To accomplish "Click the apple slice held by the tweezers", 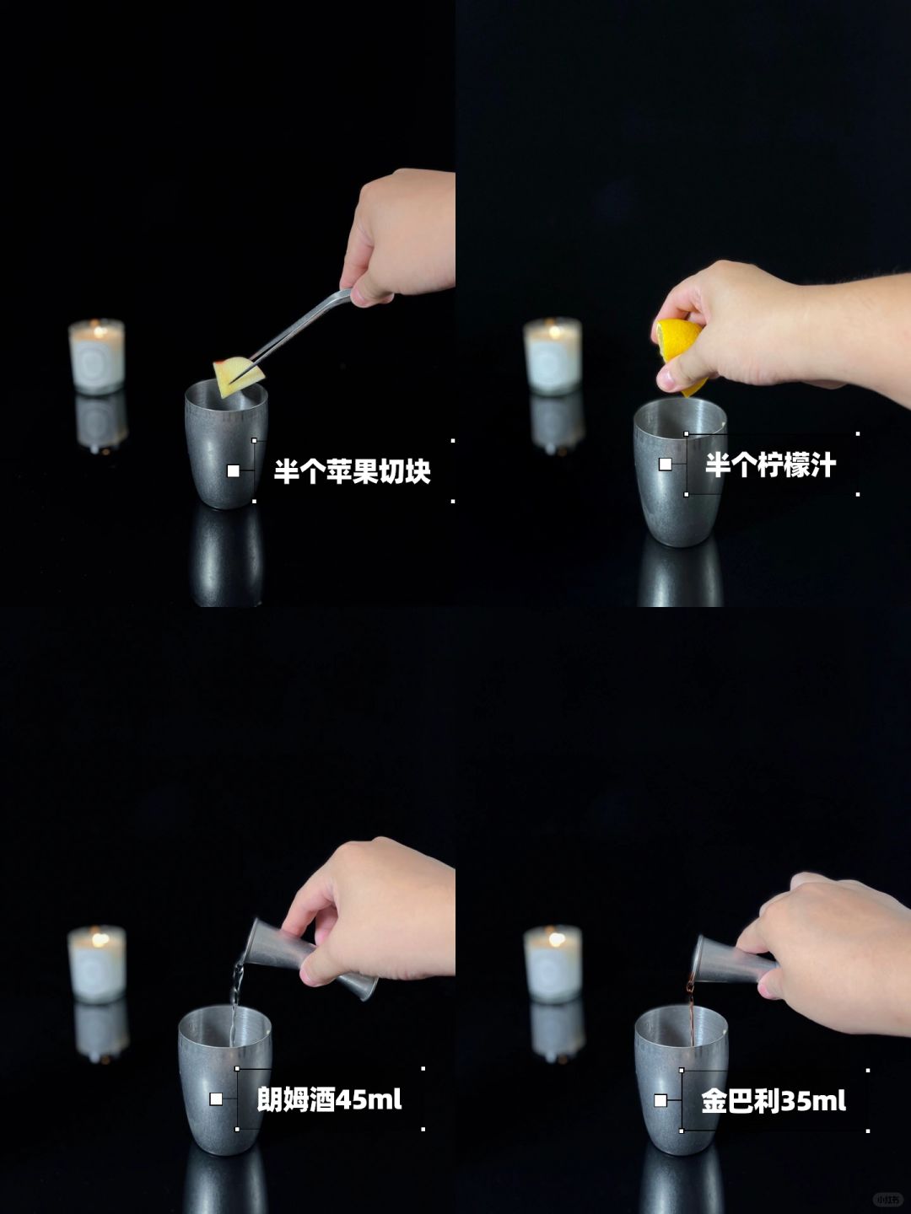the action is [239, 376].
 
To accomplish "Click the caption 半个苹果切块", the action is [352, 471].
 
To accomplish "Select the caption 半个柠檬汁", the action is [770, 465].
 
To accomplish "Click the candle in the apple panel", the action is [97, 356].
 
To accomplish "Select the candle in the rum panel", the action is [97, 964].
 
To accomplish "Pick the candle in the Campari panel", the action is [553, 964].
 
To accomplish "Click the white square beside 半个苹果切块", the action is [234, 470].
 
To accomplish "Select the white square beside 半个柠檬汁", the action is [666, 464].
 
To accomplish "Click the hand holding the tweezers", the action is [398, 235].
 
